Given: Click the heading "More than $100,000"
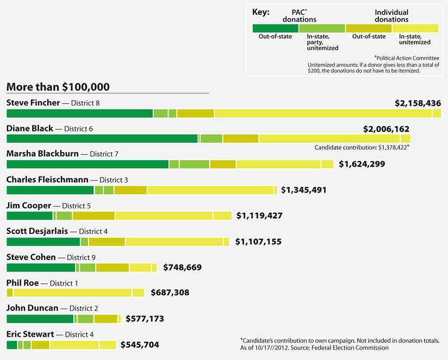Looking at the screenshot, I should point(58,87).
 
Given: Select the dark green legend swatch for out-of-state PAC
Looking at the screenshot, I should point(275,28).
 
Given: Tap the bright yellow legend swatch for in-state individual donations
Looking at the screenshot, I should point(415,28).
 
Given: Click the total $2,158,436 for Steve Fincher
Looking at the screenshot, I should point(418,102).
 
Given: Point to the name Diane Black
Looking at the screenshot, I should point(30,129).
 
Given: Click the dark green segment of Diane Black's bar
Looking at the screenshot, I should point(102,138).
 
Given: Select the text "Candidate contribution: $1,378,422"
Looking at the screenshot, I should point(362,147).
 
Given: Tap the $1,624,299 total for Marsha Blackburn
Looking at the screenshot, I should point(362,163).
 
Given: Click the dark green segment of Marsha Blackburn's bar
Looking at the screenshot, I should point(87,164).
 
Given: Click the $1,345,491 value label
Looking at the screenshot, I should point(304,190).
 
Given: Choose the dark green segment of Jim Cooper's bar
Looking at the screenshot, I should point(29,216).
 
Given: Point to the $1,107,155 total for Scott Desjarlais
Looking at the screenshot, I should point(258,242).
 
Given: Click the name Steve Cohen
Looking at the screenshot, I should point(30,257).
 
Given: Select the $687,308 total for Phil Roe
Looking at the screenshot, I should point(169,293).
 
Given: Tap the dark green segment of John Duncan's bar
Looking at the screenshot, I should point(40,319).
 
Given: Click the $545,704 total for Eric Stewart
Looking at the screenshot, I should point(140,345).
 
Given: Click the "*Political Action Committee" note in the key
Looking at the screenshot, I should point(406,58).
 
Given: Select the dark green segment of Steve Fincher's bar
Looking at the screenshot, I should point(79,113).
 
